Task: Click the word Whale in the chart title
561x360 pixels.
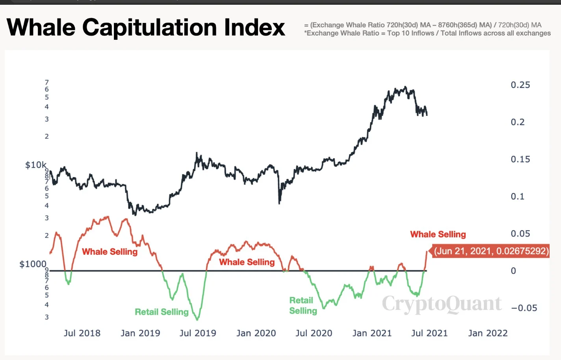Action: (x=41, y=28)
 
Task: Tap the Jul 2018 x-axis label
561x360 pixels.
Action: (x=82, y=333)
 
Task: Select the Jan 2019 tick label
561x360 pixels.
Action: (x=140, y=333)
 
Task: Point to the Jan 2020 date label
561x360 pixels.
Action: (x=256, y=333)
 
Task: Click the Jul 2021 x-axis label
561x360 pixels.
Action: (x=429, y=333)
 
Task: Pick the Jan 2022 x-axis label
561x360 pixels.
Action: (x=488, y=333)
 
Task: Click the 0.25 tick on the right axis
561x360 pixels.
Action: (x=520, y=85)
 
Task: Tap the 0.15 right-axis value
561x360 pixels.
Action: (x=520, y=159)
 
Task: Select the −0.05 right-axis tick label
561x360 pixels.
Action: (x=524, y=308)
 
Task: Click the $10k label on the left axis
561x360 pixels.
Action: (x=35, y=165)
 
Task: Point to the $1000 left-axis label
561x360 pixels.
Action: (x=33, y=264)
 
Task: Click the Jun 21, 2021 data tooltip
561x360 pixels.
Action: (x=491, y=251)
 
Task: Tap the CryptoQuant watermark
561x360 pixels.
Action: (x=441, y=304)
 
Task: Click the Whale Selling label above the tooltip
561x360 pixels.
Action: (x=438, y=235)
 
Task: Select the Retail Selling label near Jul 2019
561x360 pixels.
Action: (x=162, y=312)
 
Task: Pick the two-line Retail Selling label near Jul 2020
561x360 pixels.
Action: (x=303, y=306)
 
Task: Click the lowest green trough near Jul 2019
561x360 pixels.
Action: (x=197, y=319)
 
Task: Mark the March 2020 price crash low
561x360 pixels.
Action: (x=279, y=203)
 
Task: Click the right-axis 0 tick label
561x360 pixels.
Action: (x=513, y=271)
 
